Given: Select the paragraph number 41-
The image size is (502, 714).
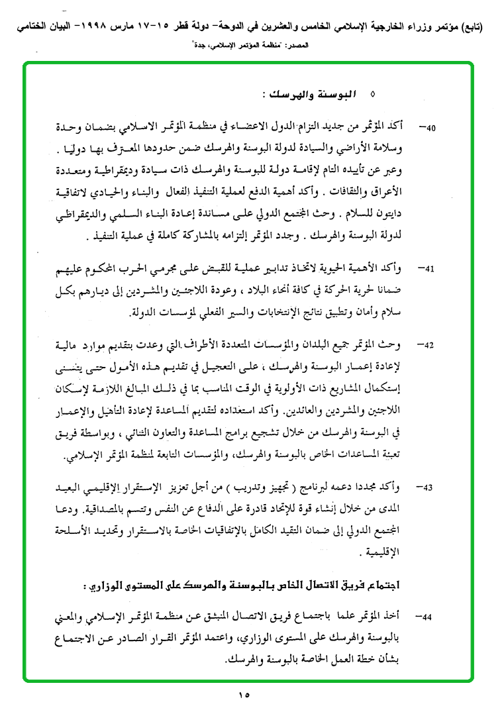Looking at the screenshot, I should (430, 270).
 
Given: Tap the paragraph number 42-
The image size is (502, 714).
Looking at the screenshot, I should (430, 346).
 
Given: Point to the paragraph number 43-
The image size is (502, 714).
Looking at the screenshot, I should (430, 487).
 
